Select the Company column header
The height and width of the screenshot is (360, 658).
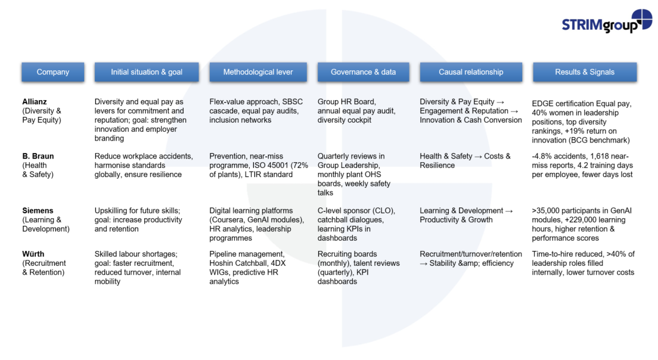(x=53, y=72)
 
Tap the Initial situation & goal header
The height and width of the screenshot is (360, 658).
(x=147, y=72)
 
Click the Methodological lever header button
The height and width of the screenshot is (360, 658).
(x=258, y=72)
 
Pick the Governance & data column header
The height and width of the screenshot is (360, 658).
(x=364, y=72)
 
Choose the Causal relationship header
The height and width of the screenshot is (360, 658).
(x=471, y=72)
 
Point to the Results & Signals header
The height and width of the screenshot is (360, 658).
(x=585, y=72)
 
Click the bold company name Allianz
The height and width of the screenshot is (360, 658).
(x=35, y=102)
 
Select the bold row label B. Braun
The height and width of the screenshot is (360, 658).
(x=38, y=156)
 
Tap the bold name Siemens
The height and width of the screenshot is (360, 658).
(x=38, y=210)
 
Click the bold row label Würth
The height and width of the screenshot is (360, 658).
(x=33, y=254)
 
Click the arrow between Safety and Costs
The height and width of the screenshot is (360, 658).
(x=478, y=157)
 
